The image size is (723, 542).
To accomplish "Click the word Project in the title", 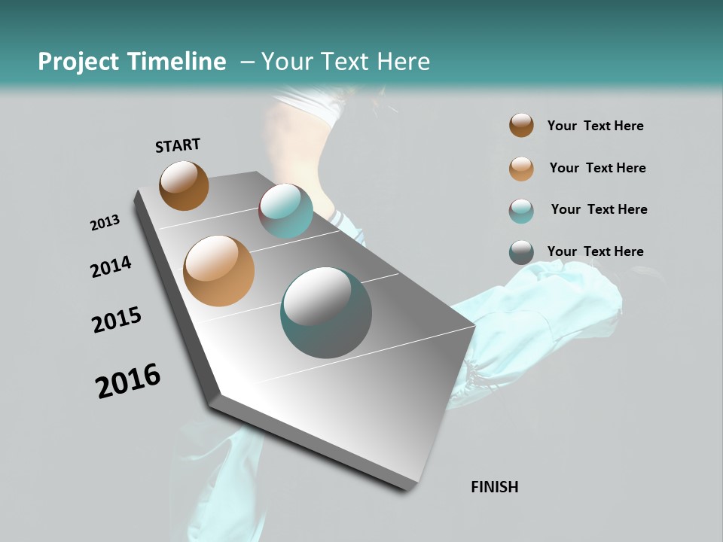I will point(79,62).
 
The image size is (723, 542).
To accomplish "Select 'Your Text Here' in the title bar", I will point(346,62).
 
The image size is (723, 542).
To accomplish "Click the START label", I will point(178,145).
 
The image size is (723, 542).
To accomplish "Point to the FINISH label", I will point(494,487).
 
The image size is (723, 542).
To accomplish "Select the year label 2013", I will point(105,223).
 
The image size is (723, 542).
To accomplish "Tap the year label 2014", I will point(111,266).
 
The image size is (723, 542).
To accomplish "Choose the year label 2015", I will point(117,320).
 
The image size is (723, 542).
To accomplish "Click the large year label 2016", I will point(128,380).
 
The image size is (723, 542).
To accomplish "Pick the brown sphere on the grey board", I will point(184,185).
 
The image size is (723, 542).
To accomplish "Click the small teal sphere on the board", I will point(285,211).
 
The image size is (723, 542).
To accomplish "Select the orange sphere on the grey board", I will point(218,271).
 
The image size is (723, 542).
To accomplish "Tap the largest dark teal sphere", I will point(326,312).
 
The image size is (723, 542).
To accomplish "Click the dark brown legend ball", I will point(521,125).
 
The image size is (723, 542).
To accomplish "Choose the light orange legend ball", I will point(521,169).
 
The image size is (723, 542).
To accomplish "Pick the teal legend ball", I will point(521,211).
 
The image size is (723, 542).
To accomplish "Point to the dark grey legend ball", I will point(521,252).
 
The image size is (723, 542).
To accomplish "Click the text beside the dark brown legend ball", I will point(595,126).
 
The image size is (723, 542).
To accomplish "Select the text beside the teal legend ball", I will point(599,209).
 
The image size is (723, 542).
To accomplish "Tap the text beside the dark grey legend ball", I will point(595,251).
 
